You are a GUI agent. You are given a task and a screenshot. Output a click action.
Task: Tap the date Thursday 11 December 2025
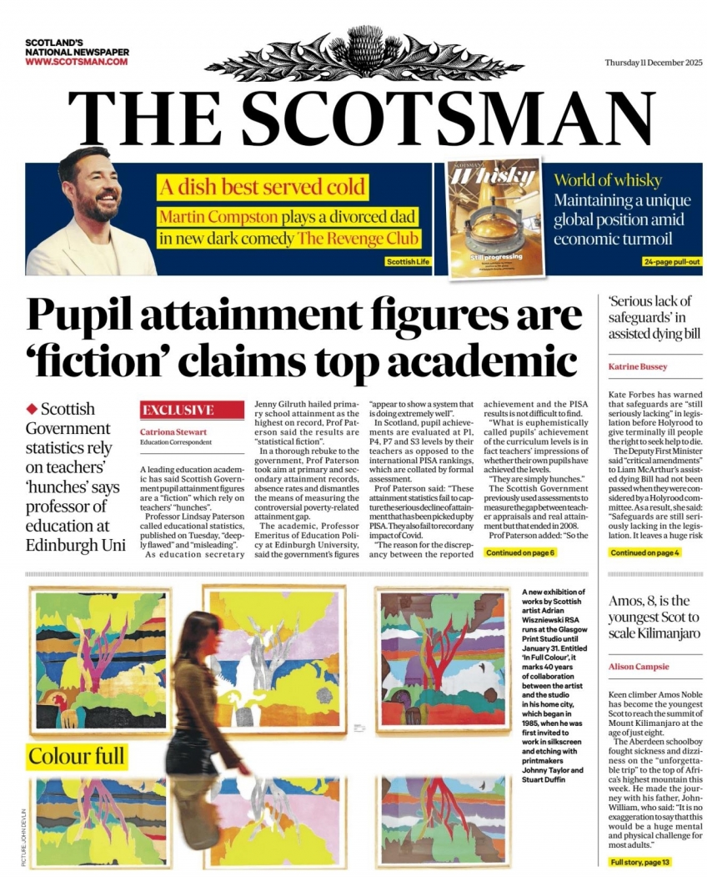[654, 65]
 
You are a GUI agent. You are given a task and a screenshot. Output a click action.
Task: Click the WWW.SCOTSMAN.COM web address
[76, 62]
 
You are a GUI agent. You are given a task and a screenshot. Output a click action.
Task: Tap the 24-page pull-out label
[672, 262]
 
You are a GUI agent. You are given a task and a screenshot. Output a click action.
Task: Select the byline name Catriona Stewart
[173, 431]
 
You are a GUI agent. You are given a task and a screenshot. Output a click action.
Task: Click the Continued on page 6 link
[520, 552]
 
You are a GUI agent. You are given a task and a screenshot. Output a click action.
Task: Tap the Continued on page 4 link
[644, 552]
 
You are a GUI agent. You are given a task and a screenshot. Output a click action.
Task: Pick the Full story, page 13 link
[639, 862]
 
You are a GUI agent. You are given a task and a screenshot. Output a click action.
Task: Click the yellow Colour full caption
[77, 756]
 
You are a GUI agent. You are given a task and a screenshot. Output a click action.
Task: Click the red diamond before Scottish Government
[33, 408]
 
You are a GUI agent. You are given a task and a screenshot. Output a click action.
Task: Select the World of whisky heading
[608, 180]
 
